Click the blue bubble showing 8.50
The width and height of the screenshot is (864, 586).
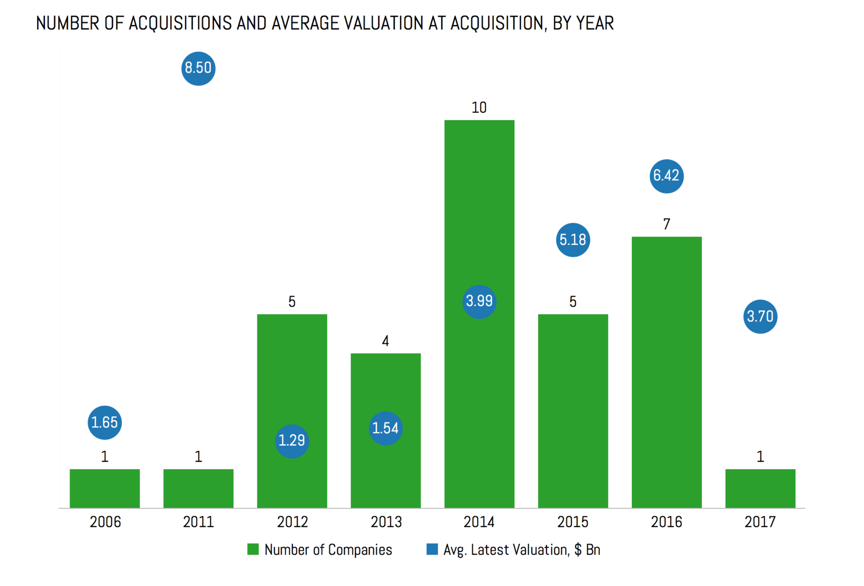[198, 68]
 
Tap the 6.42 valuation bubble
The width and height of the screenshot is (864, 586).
[666, 176]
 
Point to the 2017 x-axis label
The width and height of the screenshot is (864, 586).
[760, 522]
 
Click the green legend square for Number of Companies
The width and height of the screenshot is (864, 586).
[253, 549]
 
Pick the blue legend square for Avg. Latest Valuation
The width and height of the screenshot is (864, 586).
[432, 549]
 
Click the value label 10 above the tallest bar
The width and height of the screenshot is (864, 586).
[479, 108]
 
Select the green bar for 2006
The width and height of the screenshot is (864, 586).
[105, 488]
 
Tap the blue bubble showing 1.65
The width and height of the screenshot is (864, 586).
[104, 422]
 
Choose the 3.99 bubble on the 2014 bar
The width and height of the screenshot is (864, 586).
[479, 301]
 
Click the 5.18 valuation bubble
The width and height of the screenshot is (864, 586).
[573, 240]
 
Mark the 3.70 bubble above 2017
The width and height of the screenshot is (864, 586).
[760, 316]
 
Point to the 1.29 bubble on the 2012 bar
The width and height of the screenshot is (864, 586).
[292, 441]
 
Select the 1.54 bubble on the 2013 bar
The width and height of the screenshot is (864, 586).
[386, 428]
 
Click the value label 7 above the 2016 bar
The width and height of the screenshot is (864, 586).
[667, 224]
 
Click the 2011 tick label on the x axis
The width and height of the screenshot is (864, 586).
[198, 522]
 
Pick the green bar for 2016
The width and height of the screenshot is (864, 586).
[667, 372]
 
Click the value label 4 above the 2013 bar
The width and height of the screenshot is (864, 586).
[386, 341]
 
